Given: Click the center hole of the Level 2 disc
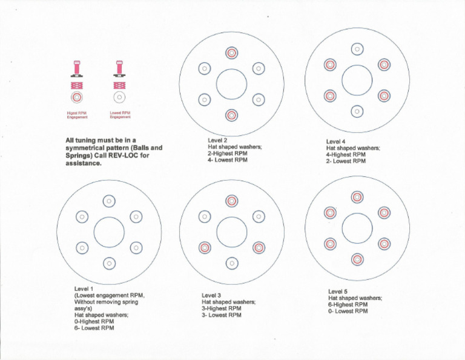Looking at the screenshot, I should pyautogui.click(x=231, y=84).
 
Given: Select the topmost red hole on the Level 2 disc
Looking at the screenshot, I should pyautogui.click(x=231, y=53).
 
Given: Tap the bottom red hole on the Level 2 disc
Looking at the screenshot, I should pyautogui.click(x=231, y=115).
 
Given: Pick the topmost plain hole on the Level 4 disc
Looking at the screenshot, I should pyautogui.click(x=357, y=49).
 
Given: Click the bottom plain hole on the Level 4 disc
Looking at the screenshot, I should pyautogui.click(x=357, y=111).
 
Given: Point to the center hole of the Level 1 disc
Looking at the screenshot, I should pyautogui.click(x=109, y=232).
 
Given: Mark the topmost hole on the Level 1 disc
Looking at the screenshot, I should pyautogui.click(x=109, y=201).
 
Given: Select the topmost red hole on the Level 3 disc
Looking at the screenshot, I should pyautogui.click(x=231, y=201).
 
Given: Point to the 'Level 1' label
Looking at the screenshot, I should pyautogui.click(x=84, y=288).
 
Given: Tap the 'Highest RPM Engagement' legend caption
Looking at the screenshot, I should pyautogui.click(x=76, y=115).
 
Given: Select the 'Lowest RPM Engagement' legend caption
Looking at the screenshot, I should pyautogui.click(x=120, y=115).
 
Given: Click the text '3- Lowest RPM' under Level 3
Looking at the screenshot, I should pyautogui.click(x=222, y=315).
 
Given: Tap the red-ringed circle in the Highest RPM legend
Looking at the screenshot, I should pyautogui.click(x=76, y=97).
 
